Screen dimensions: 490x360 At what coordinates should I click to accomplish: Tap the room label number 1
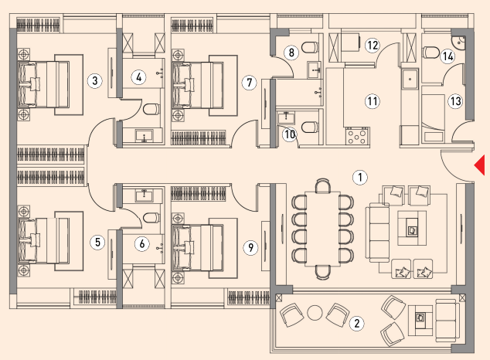point(360,177)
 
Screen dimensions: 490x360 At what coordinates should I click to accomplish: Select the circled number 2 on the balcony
point(357,323)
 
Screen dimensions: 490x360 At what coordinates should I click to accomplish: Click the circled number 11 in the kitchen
point(373,101)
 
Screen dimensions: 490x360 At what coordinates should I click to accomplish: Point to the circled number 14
point(447,56)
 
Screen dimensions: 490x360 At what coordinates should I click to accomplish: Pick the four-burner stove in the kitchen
point(358,136)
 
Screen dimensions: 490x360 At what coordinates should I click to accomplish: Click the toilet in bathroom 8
point(310,47)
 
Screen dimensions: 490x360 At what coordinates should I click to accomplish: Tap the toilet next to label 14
point(430,53)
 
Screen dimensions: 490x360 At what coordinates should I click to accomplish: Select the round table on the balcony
point(315,313)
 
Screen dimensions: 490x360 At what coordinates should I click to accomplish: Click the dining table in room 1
point(323,229)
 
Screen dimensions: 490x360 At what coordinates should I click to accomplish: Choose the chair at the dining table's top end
point(323,185)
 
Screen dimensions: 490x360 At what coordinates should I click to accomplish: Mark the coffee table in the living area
point(412,228)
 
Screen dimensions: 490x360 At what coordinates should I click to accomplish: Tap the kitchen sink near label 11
point(410,79)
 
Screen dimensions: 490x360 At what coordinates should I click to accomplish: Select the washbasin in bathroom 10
point(286,118)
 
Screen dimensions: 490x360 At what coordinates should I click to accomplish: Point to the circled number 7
point(249,83)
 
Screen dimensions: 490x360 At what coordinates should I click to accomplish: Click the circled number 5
point(97,243)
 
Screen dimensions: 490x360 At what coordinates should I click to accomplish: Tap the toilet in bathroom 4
point(151,109)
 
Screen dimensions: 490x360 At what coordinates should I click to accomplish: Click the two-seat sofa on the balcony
point(447,319)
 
